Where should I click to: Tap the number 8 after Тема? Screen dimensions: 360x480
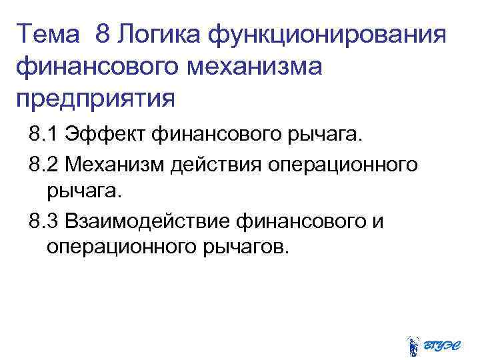click(x=103, y=33)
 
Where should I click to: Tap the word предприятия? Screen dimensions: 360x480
click(x=95, y=98)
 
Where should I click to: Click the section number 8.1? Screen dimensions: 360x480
click(x=43, y=136)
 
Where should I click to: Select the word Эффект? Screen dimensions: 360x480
click(x=106, y=136)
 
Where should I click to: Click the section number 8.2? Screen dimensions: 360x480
click(x=43, y=164)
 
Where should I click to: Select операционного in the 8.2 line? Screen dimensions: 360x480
click(x=343, y=164)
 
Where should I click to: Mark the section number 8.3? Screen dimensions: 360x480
click(x=43, y=220)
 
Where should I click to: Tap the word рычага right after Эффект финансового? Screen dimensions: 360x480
click(x=328, y=136)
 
